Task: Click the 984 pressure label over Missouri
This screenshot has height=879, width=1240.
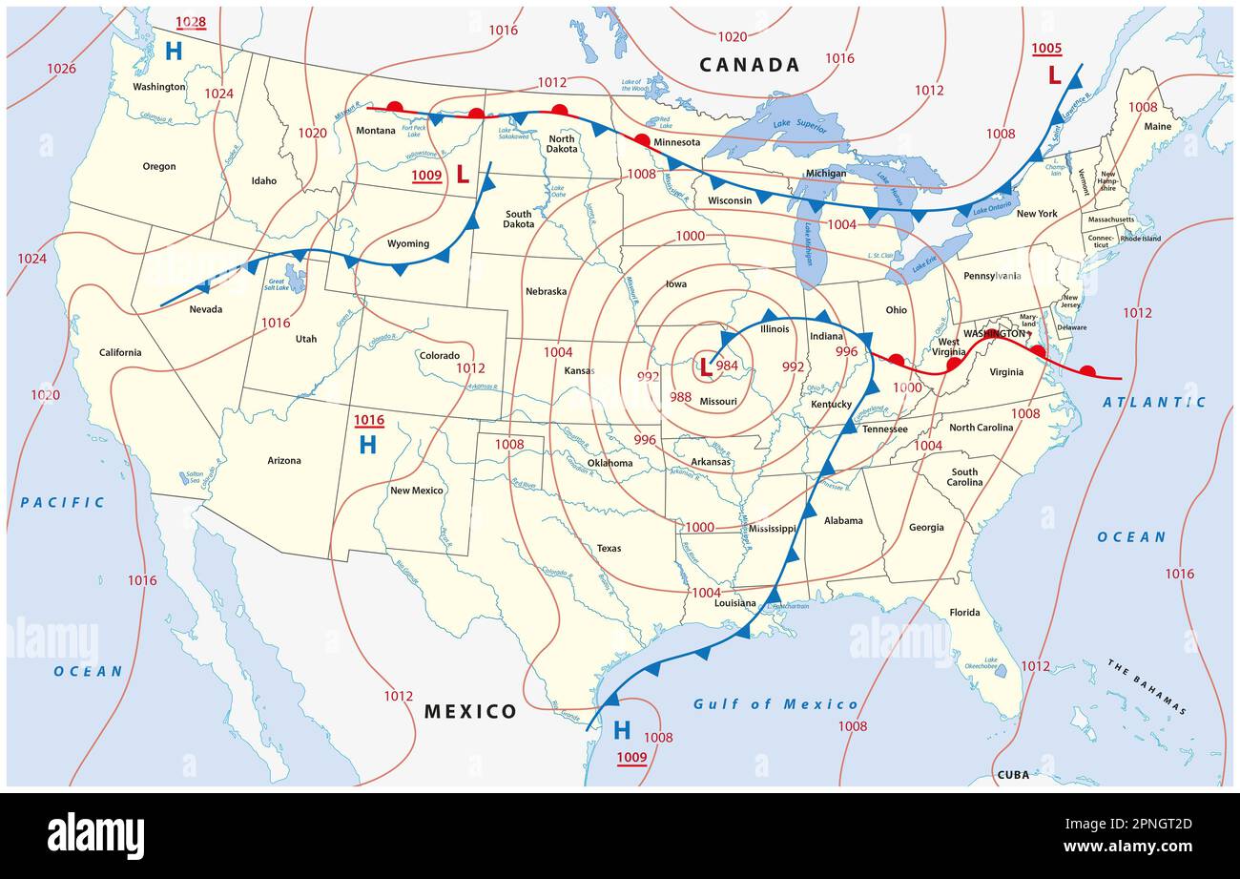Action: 727,366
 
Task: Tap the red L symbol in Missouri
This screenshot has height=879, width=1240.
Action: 705,366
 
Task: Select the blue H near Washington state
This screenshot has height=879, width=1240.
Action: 173,52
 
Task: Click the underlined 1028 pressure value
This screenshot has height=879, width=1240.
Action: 191,21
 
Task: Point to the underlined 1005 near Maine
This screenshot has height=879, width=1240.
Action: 1046,48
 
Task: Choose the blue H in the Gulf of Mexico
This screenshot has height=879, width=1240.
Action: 622,731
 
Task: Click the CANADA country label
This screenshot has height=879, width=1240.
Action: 749,65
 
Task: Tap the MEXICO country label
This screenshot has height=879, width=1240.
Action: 470,711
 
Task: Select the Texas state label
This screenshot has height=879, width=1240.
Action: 609,548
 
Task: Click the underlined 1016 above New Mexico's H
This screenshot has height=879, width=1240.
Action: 368,420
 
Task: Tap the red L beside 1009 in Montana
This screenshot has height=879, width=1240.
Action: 463,175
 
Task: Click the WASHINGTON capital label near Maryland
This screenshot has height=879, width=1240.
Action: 993,334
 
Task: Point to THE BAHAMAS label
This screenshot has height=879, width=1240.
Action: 1147,686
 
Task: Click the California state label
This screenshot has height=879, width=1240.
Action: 120,352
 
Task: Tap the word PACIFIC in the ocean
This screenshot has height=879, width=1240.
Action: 62,502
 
